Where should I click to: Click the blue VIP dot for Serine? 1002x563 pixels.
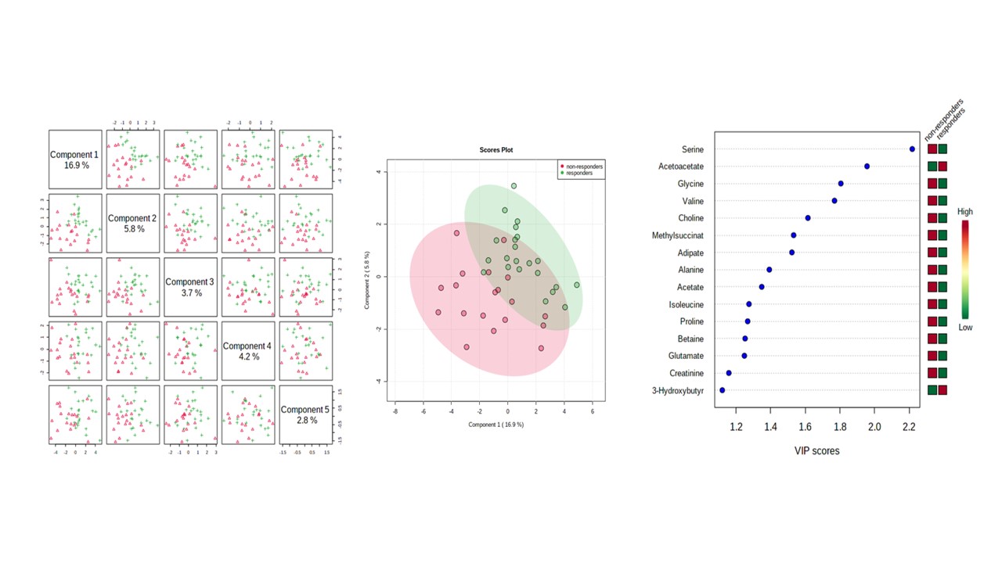point(912,149)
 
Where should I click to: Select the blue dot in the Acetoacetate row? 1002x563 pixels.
point(867,167)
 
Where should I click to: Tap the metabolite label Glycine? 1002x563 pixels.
point(690,184)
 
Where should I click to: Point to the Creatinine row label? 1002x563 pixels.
point(687,373)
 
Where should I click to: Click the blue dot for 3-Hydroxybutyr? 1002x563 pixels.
point(722,390)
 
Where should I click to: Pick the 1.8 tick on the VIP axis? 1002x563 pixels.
point(840,426)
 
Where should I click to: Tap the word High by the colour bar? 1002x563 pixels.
point(964,212)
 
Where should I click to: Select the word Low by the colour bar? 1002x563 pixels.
point(965,328)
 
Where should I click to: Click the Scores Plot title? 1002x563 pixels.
point(496,150)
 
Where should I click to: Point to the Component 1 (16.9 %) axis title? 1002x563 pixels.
point(496,425)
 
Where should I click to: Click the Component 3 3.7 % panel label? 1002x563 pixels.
point(189,287)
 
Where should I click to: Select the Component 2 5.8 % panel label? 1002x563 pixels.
point(132,224)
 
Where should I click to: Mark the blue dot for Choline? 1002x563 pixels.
point(808,218)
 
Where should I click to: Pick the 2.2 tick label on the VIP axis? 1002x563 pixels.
point(909,426)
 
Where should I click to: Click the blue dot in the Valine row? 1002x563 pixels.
point(834,201)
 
